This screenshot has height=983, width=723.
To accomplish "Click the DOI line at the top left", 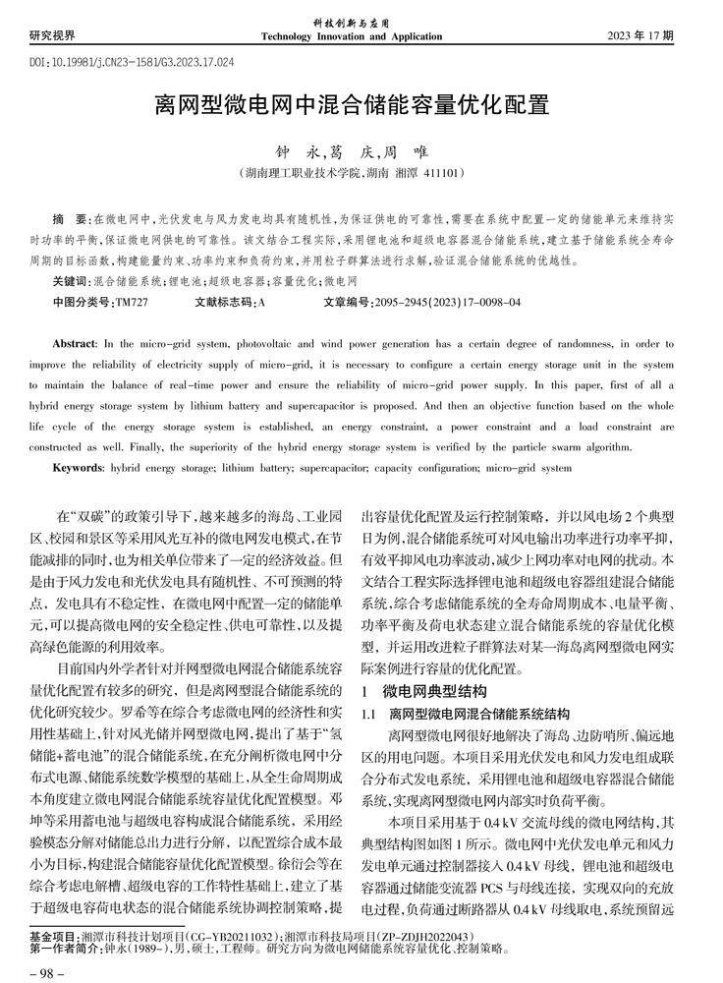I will pos(133,61).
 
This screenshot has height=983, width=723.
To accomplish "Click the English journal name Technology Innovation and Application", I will pos(351,36).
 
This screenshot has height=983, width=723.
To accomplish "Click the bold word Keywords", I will pos(78,469).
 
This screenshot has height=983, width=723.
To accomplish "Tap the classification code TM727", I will pos(131,305).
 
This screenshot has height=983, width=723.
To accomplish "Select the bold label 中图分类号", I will pos(83,305).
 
